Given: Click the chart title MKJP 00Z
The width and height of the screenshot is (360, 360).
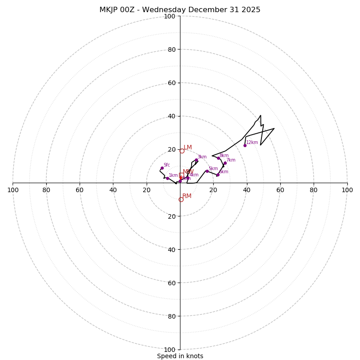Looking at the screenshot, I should [180, 10].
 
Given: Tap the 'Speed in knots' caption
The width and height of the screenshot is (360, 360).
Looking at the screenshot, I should [180, 356].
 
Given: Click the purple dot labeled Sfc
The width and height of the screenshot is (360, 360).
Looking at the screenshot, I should [162, 168].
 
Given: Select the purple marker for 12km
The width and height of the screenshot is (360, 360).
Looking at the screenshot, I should [245, 145].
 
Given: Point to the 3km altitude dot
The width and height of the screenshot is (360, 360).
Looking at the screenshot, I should [196, 160].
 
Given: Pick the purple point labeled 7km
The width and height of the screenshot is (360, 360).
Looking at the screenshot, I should [225, 163].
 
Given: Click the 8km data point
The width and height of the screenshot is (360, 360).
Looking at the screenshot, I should [218, 158].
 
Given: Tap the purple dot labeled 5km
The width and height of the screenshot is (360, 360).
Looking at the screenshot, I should [207, 171].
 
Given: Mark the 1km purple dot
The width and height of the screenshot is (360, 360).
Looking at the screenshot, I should [167, 178].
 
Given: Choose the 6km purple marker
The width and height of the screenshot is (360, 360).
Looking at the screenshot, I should [218, 175].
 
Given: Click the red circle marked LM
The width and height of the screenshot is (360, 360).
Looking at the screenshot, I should [182, 151].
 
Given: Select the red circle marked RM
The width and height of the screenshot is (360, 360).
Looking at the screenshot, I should [181, 199].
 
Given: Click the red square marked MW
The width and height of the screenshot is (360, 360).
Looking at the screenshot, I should [181, 175].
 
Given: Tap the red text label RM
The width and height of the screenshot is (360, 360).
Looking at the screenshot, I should [187, 196].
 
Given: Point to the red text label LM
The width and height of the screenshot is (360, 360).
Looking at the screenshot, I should [188, 148].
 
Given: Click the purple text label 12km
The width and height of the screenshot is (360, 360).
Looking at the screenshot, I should [252, 143].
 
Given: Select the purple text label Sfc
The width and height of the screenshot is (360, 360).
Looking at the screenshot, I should [166, 165].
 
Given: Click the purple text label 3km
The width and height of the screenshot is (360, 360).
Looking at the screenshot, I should [202, 157].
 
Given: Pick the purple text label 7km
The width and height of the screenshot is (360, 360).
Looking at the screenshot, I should [231, 160].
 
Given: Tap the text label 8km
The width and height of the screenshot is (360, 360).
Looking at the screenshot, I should [224, 156].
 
